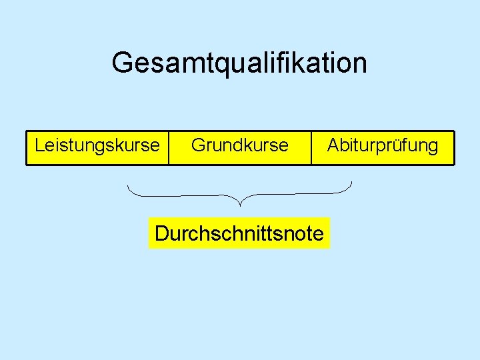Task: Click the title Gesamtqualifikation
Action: click(x=239, y=63)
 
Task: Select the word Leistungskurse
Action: click(x=97, y=145)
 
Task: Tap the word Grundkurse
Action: click(x=240, y=145)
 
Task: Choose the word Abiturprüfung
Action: click(x=383, y=145)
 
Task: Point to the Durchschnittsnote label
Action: click(x=239, y=234)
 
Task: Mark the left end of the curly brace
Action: click(x=128, y=185)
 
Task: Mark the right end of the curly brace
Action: click(x=352, y=182)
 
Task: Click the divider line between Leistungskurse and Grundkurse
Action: click(x=169, y=147)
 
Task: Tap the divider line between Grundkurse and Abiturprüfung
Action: click(x=311, y=147)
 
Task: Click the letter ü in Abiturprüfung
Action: click(x=399, y=145)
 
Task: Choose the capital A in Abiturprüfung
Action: click(x=333, y=145)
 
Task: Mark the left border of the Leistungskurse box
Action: click(x=27, y=147)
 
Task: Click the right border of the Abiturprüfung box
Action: click(x=453, y=147)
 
